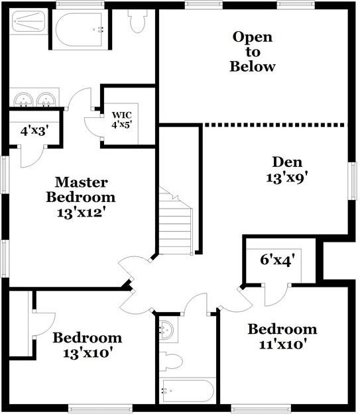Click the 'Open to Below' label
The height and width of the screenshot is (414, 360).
coord(253,52)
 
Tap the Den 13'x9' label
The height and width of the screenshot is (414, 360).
coord(287,169)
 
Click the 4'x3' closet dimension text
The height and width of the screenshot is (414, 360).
coord(33,130)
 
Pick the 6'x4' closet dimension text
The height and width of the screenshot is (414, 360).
coord(276,260)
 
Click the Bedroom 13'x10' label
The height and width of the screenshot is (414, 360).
coord(88,344)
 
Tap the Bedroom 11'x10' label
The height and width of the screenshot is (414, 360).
coord(282,336)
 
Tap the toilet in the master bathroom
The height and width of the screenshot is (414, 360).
coord(138,21)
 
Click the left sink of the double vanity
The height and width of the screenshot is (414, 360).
coord(25,101)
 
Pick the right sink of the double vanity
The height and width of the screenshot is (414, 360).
coord(46,101)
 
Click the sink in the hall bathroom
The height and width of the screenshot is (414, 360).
coord(166,329)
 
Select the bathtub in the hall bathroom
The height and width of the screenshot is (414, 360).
coord(188,391)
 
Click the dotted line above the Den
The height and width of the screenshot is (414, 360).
coord(274,124)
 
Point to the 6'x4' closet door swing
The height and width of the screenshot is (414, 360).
coord(277,295)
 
